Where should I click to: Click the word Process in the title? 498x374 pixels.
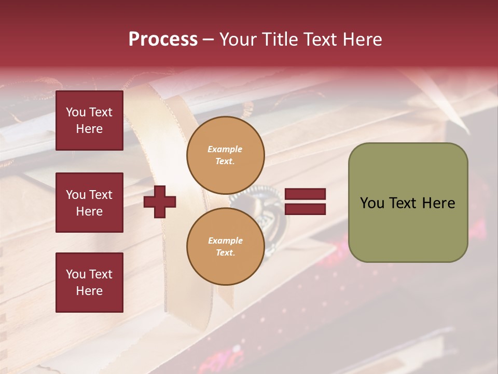coord(163,39)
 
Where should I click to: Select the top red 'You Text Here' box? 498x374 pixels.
coord(89,121)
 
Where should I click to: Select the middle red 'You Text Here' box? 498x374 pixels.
coord(89,203)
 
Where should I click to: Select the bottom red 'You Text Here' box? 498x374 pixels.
coord(89,283)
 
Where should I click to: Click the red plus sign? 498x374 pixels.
coord(160,202)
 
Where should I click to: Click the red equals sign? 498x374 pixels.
coord(306,202)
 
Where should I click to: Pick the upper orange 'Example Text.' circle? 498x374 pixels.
coord(225,155)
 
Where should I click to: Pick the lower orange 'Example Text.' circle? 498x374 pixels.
coord(225,247)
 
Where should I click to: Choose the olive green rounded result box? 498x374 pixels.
coord(408,203)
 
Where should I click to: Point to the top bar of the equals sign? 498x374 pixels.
coord(306,194)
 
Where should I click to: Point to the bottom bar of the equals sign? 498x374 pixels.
coord(306,209)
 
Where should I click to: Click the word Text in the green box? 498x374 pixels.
coord(405,203)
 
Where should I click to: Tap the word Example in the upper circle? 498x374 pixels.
coord(225,150)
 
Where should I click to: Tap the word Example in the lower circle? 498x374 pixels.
coord(225,241)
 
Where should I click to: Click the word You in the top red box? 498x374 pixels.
coord(76,112)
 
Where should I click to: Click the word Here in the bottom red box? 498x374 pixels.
coord(89,291)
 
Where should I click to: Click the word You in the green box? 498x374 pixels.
coord(372,203)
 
